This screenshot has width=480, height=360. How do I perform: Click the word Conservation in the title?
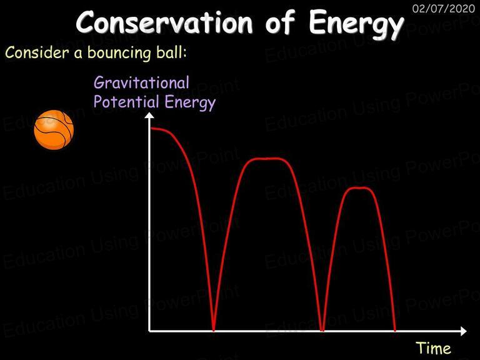click(164, 22)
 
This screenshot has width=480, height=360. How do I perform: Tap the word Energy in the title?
click(356, 24)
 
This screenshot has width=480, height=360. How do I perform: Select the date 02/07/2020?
click(444, 8)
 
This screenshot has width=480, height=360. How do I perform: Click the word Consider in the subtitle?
click(37, 52)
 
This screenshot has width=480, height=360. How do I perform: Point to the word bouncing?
click(119, 54)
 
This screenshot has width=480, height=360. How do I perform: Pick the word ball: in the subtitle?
click(171, 52)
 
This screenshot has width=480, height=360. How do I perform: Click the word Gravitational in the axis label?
click(141, 82)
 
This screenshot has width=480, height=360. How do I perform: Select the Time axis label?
click(434, 348)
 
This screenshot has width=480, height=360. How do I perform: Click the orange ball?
click(54, 130)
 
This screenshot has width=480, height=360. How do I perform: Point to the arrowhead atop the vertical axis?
click(149, 115)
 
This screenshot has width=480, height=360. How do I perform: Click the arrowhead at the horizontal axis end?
click(463, 331)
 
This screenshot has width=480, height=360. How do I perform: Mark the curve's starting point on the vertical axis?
click(151, 129)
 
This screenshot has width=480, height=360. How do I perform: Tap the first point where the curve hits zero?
click(213, 330)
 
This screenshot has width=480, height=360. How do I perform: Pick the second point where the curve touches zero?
click(322, 330)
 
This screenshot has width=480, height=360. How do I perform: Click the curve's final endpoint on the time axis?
click(394, 330)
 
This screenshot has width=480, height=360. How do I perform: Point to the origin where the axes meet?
click(149, 331)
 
